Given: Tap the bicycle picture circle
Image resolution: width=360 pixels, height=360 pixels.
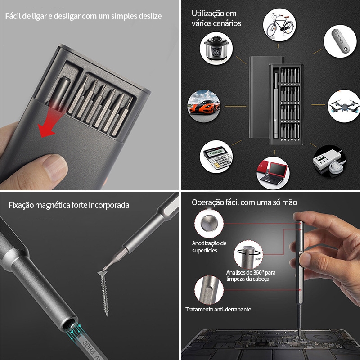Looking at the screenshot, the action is (279, 25).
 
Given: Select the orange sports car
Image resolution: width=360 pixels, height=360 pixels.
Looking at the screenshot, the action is (204, 106).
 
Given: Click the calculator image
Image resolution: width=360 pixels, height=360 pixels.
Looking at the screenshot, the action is (216, 157).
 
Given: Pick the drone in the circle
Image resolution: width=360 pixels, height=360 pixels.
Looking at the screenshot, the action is (344, 106).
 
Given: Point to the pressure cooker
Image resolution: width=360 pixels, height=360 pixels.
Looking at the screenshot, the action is (216, 49).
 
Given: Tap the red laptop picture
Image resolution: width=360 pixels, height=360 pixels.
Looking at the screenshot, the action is (273, 173).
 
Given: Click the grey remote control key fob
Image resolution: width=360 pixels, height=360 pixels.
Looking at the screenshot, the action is (340, 41).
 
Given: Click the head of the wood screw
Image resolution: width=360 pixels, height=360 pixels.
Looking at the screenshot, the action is (102, 273).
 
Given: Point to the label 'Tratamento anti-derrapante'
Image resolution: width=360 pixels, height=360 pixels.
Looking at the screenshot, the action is (218, 310).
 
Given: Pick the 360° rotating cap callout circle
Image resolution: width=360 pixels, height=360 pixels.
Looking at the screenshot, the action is (248, 254).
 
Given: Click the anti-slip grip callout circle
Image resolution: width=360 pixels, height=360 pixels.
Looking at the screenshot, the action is (209, 290).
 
